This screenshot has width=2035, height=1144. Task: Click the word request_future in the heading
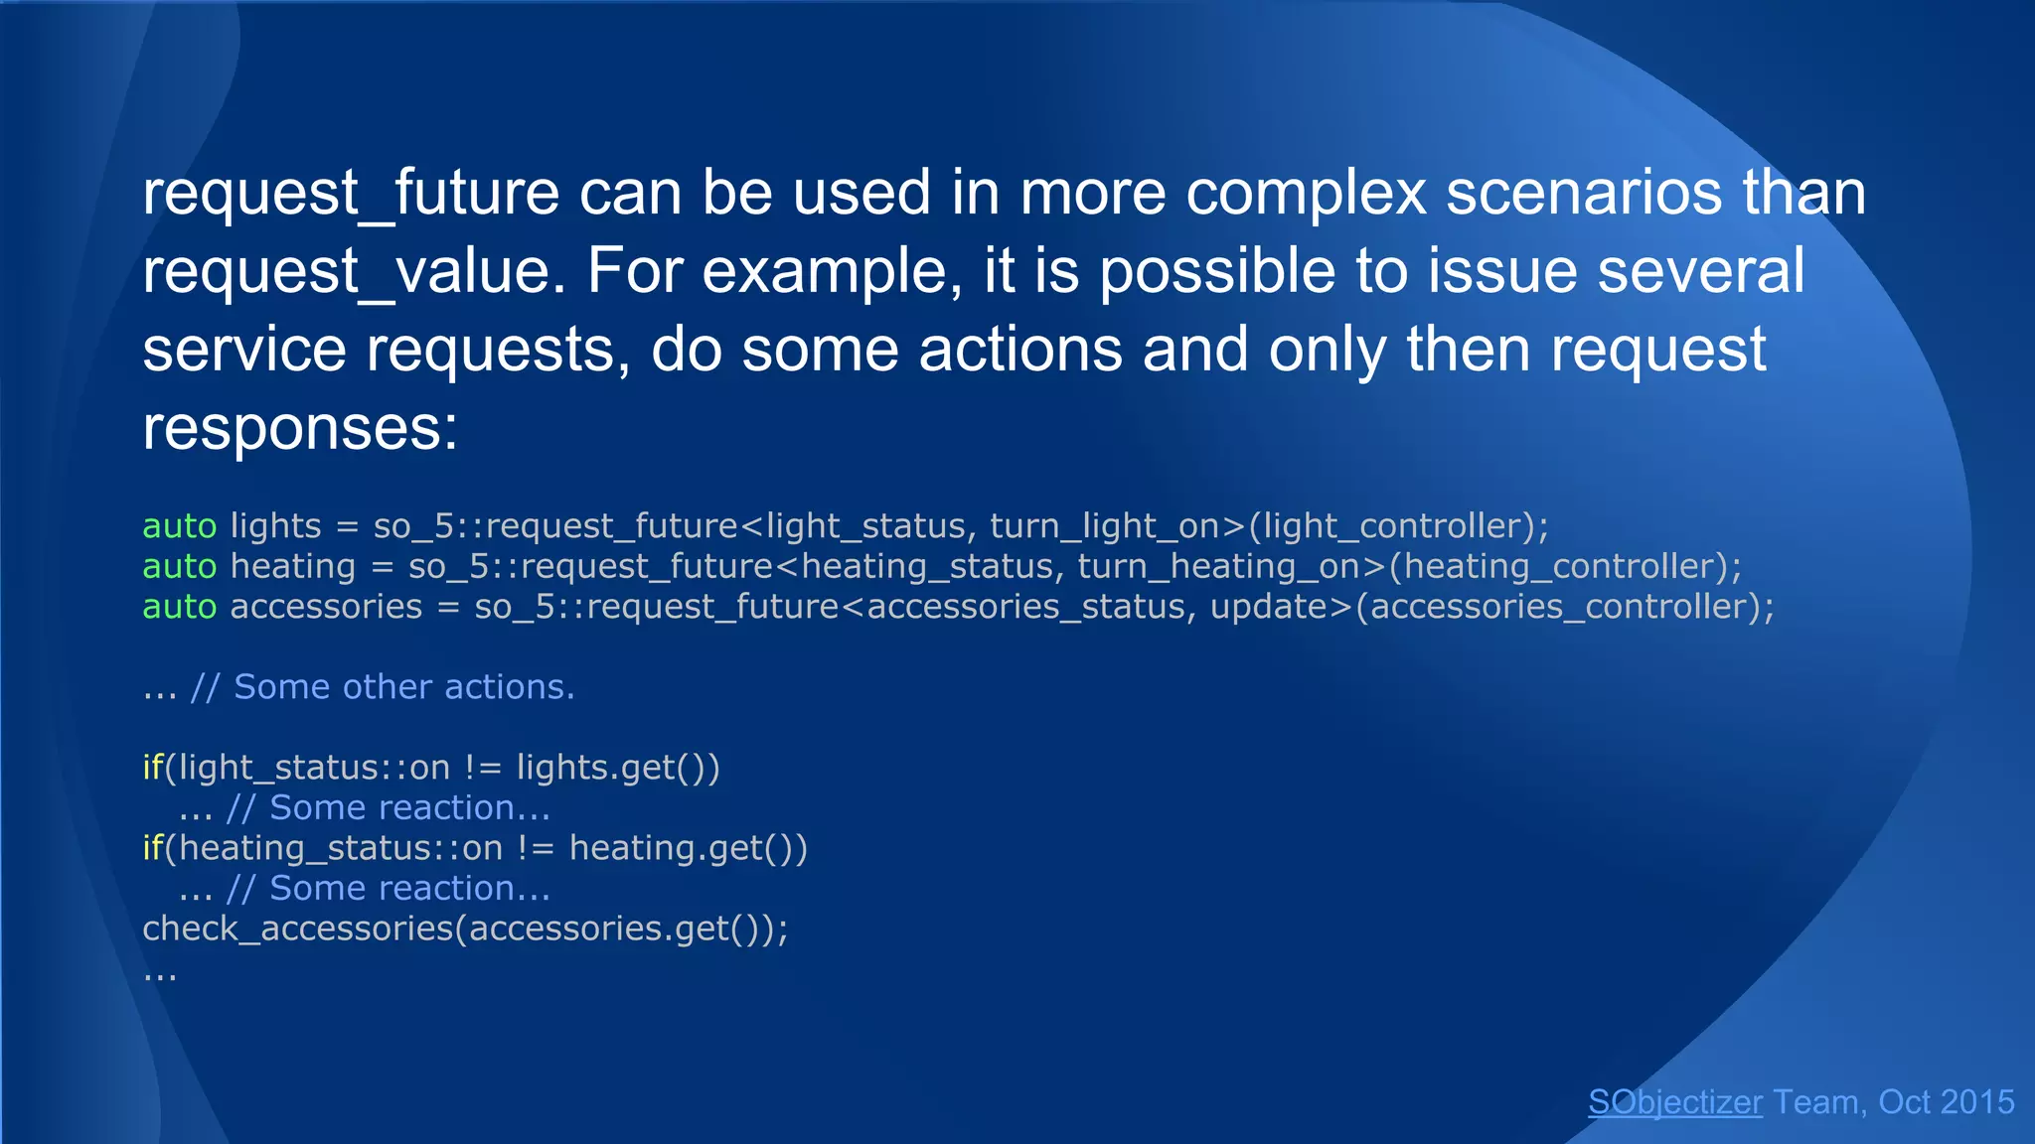351,193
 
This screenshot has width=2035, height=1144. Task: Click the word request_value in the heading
353,271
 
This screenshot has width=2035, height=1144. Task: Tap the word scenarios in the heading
1584,193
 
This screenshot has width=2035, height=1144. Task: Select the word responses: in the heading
300,429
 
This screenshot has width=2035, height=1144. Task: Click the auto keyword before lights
179,526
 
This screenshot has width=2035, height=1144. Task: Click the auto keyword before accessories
179,607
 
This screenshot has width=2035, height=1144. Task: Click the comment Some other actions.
403,687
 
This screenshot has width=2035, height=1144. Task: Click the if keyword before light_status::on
152,768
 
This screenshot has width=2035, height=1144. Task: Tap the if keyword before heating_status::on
152,848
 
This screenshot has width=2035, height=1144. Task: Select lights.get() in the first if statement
616,768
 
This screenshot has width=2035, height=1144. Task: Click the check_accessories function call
297,929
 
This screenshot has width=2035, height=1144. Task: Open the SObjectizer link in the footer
1675,1102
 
